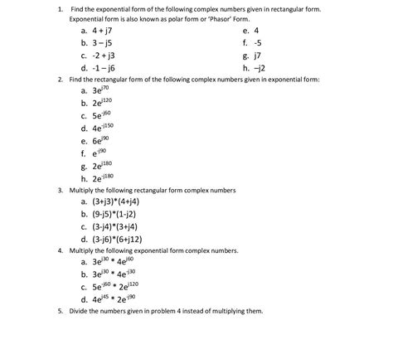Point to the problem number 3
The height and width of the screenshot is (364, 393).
click(x=60, y=190)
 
